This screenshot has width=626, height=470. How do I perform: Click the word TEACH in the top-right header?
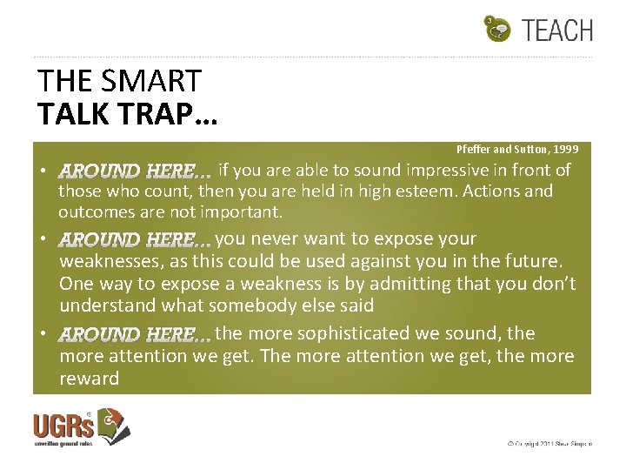tap(558, 30)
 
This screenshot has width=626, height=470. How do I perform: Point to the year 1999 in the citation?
tap(563, 150)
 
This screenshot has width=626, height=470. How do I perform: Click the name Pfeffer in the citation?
tap(474, 150)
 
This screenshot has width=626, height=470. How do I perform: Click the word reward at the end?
tap(89, 379)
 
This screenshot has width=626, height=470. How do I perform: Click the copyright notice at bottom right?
tap(549, 444)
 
